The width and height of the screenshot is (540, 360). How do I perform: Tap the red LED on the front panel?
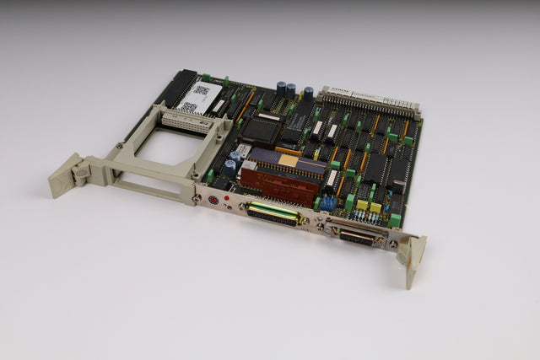pyautogui.click(x=227, y=197)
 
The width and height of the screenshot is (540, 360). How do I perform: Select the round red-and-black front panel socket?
pyautogui.click(x=214, y=201)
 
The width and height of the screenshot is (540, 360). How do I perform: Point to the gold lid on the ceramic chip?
pyautogui.click(x=289, y=160)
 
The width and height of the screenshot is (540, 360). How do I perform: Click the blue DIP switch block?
pyautogui.click(x=327, y=203)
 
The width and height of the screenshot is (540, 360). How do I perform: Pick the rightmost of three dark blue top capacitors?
pyautogui.click(x=309, y=94)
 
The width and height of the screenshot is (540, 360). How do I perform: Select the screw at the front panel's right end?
pyautogui.click(x=392, y=244)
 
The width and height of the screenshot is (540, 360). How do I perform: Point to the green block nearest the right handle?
pyautogui.click(x=394, y=220)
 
